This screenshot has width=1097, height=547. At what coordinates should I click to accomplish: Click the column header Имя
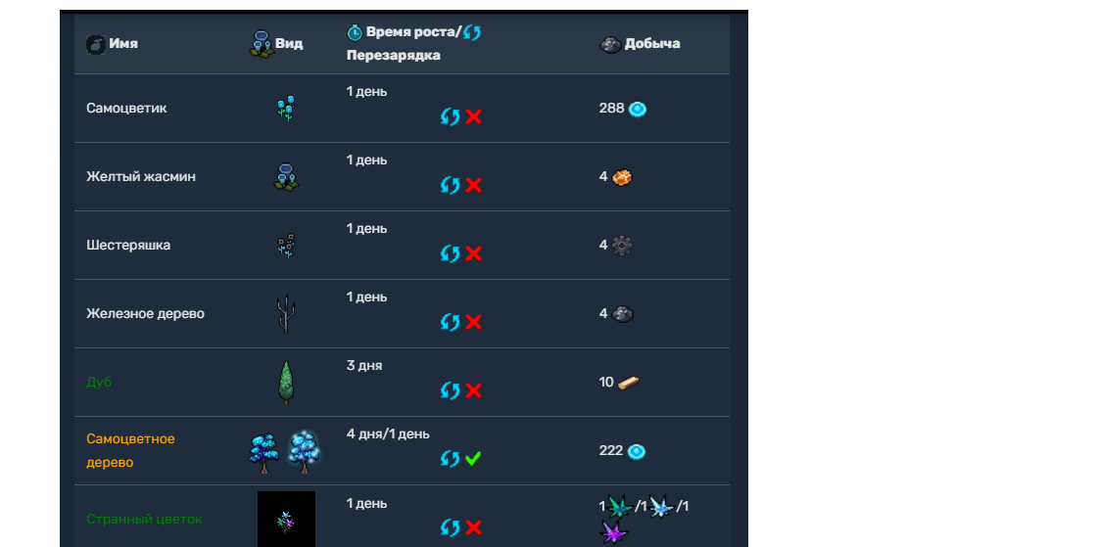122,44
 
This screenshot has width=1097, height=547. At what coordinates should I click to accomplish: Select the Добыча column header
651,44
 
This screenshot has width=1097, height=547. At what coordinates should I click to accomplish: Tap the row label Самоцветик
126,109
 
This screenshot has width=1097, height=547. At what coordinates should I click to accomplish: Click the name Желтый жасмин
141,177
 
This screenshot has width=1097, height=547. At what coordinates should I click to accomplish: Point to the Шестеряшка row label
128,246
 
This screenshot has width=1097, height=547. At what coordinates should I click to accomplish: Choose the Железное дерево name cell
145,314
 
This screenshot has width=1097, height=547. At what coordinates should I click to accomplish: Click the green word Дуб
99,383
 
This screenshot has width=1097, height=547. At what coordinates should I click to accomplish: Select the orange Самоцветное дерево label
130,450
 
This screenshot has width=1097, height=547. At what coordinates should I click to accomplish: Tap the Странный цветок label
144,520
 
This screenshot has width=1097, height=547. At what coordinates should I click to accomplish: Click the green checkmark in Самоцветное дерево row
473,458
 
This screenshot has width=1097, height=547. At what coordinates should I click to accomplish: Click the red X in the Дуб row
473,390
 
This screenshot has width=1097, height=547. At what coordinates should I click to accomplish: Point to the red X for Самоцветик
473,116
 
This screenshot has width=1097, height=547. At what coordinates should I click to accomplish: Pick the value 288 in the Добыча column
611,109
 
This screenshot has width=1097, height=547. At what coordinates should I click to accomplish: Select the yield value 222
611,451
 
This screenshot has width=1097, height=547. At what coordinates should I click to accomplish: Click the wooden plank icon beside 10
629,383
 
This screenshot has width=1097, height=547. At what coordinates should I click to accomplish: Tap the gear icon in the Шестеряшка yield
622,246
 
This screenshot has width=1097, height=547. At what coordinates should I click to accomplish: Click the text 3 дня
364,366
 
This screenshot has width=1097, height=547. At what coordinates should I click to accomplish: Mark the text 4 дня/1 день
388,434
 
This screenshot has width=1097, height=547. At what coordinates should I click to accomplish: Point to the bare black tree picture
285,314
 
